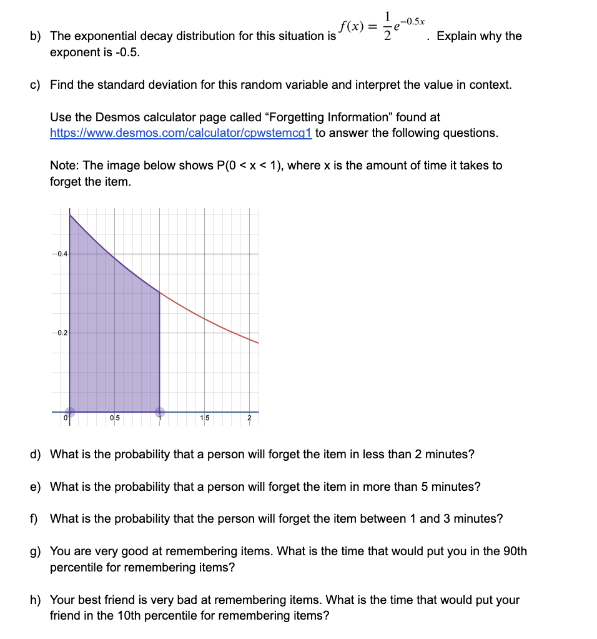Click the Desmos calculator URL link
181,133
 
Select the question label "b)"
36,36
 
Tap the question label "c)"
36,84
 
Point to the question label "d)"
36,454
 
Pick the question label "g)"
36,551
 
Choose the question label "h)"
36,600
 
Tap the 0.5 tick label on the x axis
115,418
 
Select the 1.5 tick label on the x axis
205,418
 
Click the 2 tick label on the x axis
249,418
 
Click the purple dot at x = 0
70,411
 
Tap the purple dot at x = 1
160,411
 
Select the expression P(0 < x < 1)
249,166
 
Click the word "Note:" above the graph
64,166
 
